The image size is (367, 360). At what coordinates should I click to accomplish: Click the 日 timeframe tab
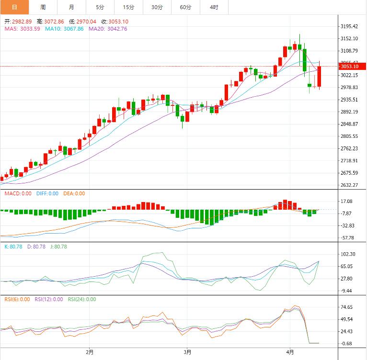[x=14, y=7]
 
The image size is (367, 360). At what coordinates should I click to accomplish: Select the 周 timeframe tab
[x=43, y=7]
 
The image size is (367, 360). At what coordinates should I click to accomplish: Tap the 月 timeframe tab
[x=71, y=7]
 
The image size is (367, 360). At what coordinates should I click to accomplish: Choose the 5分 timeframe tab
[x=99, y=7]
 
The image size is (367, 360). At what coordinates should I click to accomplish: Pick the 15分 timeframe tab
[x=128, y=7]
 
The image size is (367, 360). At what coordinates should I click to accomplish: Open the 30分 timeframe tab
[x=157, y=7]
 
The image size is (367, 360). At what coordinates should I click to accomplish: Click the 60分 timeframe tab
[x=185, y=7]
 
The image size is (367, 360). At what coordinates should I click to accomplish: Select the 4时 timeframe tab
[x=214, y=7]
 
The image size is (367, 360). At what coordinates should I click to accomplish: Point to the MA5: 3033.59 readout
[x=23, y=29]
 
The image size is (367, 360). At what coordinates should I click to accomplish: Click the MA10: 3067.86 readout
[x=64, y=29]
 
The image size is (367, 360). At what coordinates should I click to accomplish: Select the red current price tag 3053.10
[x=349, y=66]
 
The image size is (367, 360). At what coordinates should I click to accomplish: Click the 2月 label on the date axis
[x=90, y=352]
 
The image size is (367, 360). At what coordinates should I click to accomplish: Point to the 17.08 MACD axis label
[x=346, y=202]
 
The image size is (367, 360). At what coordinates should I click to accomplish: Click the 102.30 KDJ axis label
[x=347, y=254]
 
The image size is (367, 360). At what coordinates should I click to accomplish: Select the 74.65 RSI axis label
[x=346, y=307]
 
